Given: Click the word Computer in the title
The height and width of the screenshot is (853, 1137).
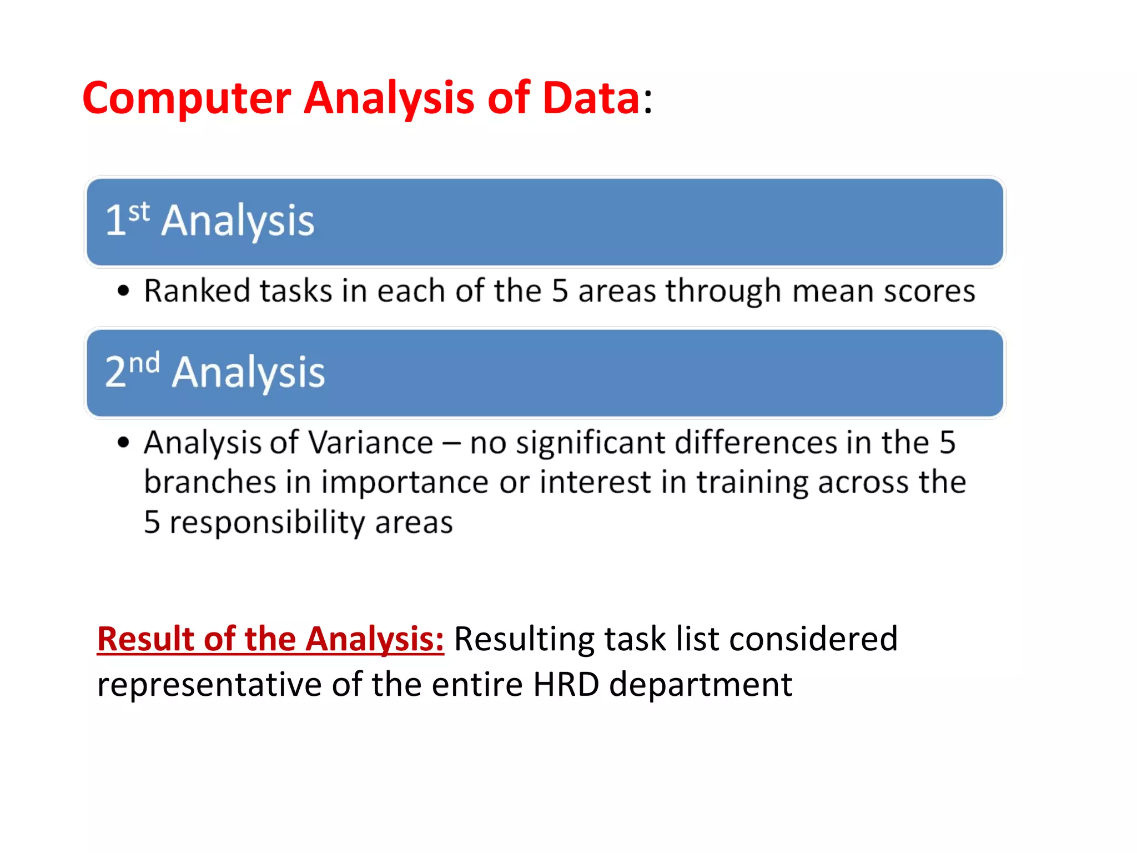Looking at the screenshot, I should [187, 99].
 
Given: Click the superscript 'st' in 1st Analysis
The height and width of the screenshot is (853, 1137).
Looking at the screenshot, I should [139, 212].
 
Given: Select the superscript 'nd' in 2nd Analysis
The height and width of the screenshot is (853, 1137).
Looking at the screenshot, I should [144, 364].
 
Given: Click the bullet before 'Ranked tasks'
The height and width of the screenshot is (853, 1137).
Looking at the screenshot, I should [123, 291].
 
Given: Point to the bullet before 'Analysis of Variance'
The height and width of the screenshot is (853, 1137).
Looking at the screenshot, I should [123, 443].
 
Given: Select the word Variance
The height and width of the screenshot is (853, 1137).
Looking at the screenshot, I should [370, 443].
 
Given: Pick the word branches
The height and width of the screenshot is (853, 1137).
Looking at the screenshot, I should [209, 482].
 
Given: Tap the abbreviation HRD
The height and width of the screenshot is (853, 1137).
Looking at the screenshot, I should [566, 684].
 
